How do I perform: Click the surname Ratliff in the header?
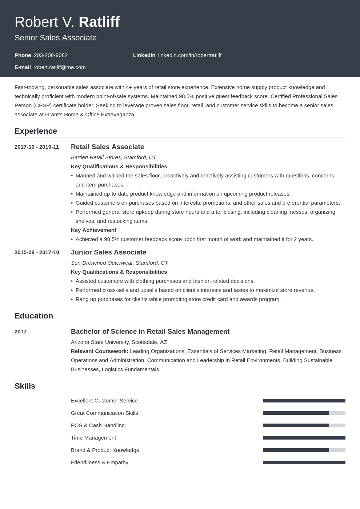click(x=99, y=22)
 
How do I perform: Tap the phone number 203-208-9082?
click(x=51, y=55)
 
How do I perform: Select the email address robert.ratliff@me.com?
click(x=60, y=67)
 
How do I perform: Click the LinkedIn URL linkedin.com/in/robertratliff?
click(x=189, y=55)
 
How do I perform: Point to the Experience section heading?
click(x=36, y=131)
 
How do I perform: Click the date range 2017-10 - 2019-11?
click(x=37, y=147)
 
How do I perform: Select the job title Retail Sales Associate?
click(x=107, y=147)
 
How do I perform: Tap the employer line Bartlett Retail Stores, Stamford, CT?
click(x=113, y=157)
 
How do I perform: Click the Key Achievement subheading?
click(x=93, y=230)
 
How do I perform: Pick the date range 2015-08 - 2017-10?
click(x=37, y=252)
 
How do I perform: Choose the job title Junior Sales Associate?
click(x=108, y=252)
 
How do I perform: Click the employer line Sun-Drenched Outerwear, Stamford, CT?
click(x=119, y=263)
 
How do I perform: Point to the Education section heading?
click(x=34, y=316)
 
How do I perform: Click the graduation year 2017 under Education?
click(x=20, y=332)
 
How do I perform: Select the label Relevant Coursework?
click(x=99, y=351)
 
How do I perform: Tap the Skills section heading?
click(x=25, y=386)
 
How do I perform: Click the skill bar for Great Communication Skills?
click(x=304, y=413)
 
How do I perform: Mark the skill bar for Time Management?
click(x=304, y=438)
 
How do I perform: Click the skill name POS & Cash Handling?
click(x=97, y=425)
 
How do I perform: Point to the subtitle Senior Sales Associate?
click(x=56, y=38)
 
